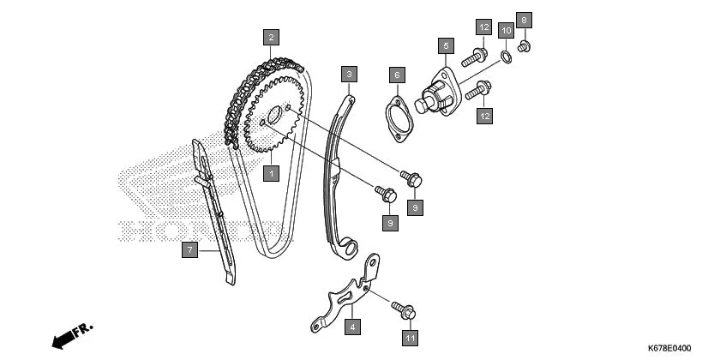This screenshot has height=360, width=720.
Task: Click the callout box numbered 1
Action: [271, 173]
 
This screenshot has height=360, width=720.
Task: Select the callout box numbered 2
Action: [271, 37]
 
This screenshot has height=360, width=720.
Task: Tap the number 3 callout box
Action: [348, 75]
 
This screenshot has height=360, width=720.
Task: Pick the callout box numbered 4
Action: [351, 326]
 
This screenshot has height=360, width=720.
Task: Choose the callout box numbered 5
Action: [445, 45]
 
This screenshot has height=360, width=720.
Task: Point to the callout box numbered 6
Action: [396, 75]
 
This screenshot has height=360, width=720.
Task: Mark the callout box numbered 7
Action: [190, 250]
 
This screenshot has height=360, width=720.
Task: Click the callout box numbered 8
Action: [525, 19]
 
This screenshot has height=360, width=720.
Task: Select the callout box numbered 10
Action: [506, 30]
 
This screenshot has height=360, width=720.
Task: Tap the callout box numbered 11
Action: [411, 338]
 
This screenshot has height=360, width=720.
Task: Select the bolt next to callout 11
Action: [403, 306]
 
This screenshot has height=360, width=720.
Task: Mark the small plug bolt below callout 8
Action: [525, 45]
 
